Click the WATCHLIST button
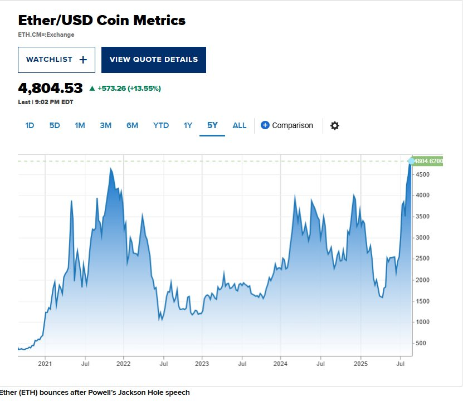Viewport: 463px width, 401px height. [x=56, y=60]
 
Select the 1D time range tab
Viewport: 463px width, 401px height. [x=30, y=125]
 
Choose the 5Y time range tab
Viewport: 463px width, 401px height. [x=212, y=125]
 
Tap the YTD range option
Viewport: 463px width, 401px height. [x=161, y=125]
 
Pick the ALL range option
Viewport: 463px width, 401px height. [x=240, y=125]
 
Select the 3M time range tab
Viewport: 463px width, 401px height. [x=106, y=125]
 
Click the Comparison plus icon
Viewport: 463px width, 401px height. [x=265, y=125]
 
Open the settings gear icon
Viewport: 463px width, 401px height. [x=334, y=125]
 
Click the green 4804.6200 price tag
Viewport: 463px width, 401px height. [x=429, y=160]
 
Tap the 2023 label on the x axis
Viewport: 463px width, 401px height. [x=202, y=364]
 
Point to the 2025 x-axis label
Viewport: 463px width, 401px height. [x=360, y=364]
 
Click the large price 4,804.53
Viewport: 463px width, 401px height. [x=50, y=88]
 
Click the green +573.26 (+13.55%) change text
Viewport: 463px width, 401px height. [x=129, y=88]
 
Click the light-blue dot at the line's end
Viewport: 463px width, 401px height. [x=412, y=161]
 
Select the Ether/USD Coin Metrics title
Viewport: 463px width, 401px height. [x=102, y=21]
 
